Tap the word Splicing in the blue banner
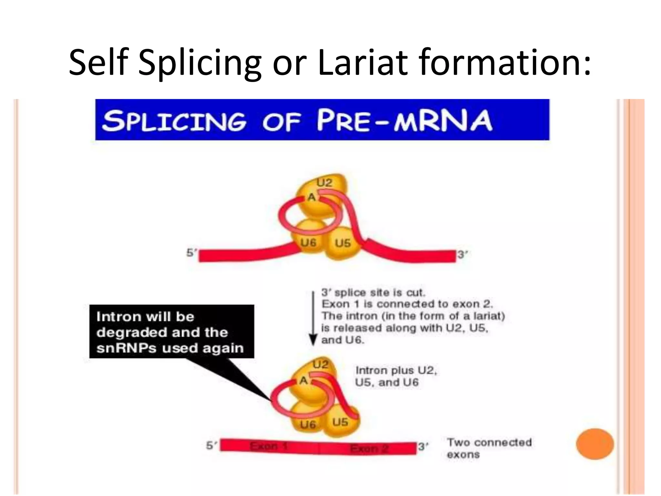(174, 121)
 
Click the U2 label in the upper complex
(324, 183)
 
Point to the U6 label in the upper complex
(308, 243)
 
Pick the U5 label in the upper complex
(342, 243)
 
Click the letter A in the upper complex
(311, 197)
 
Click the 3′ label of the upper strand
(462, 254)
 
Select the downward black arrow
(312, 318)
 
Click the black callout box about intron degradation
(171, 332)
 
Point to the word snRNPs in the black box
(126, 348)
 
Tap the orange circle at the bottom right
(595, 444)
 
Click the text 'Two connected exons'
(489, 448)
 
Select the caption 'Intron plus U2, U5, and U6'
(396, 376)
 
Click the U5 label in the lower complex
(340, 422)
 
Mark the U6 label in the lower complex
(308, 424)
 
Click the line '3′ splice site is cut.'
(373, 293)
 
